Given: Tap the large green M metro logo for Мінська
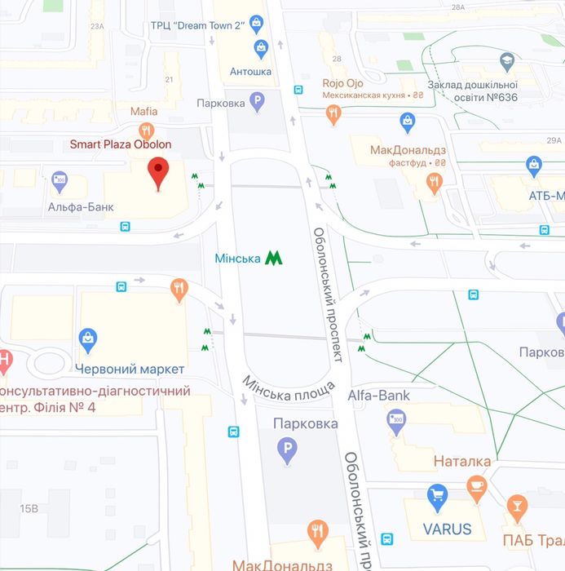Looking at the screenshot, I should (274, 258).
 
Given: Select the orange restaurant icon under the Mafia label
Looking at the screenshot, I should (147, 131).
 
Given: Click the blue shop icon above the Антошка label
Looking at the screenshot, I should (261, 48).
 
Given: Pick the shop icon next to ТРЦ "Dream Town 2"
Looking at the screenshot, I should (257, 22).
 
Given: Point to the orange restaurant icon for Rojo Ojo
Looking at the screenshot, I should (333, 114).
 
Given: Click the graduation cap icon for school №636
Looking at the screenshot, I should (507, 60).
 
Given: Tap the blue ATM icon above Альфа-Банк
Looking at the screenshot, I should (59, 180).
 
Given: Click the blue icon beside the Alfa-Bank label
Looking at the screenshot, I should (397, 420).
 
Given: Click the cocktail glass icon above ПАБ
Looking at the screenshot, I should (517, 509).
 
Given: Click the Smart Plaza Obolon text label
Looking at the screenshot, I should (120, 144).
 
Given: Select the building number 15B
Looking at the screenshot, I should (29, 508).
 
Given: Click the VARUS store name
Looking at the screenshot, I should (447, 528).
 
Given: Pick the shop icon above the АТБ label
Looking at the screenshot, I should (534, 168).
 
